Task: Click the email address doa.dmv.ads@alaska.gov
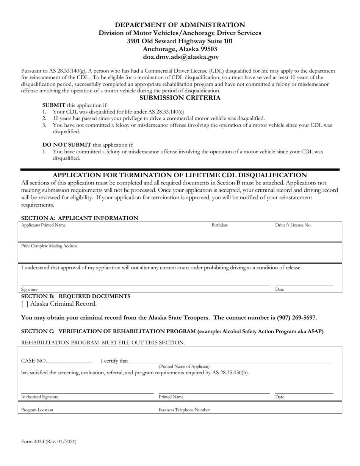tap(180, 57)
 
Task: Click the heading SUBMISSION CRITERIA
tap(180, 98)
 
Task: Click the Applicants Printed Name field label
tap(43, 225)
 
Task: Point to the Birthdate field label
tap(220, 225)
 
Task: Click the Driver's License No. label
tap(293, 225)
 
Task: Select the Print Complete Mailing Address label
tap(49, 246)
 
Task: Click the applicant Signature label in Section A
tap(29, 289)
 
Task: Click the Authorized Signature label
tap(40, 397)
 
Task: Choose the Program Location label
tap(37, 410)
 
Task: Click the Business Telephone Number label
tap(184, 410)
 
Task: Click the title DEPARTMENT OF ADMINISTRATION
tap(180, 25)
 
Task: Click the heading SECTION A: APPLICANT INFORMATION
tap(80, 218)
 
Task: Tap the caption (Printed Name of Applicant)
tap(184, 366)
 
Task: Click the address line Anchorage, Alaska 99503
tap(180, 49)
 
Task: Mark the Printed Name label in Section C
tap(171, 397)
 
